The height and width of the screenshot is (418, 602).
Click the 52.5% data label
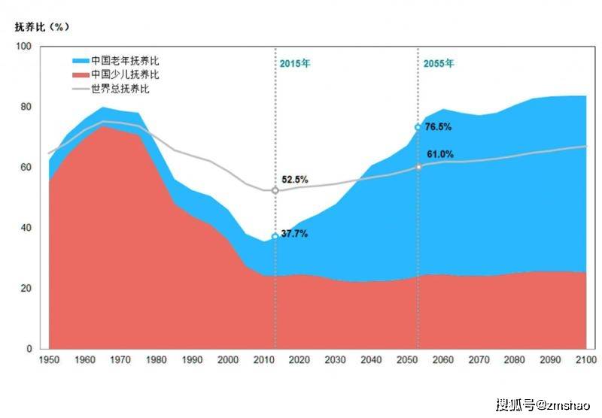pos(294,180)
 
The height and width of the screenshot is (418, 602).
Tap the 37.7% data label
pos(294,234)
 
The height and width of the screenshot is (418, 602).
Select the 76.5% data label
pos(437,127)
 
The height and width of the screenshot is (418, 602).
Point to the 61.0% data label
pos(440,154)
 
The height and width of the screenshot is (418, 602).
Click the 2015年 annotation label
pos(294,64)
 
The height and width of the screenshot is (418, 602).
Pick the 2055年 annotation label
pos(438,64)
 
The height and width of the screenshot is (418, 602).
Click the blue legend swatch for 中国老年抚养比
pos(81,60)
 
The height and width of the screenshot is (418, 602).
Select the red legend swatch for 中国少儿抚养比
pos(81,74)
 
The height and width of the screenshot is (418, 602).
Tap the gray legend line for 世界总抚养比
pos(81,89)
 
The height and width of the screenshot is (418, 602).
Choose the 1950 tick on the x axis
pos(48,361)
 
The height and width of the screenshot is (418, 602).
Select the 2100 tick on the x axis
pos(586,361)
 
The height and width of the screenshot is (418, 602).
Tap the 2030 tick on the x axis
pos(335,361)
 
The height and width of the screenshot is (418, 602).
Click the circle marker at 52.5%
pos(275,190)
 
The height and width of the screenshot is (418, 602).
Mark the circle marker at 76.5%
pos(418,128)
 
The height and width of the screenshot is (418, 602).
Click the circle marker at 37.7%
pos(275,237)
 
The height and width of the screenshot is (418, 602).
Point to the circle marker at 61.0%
pos(418,166)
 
